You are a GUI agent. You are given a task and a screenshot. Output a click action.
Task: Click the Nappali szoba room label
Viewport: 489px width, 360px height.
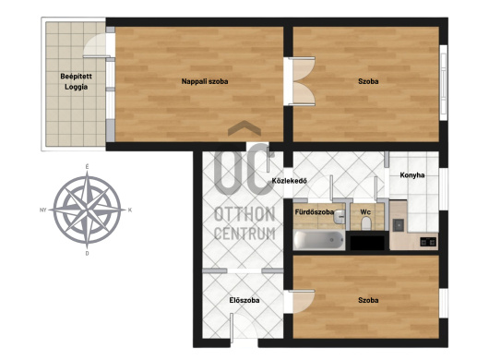point(205,81)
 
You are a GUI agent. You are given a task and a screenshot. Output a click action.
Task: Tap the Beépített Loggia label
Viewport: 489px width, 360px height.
point(76,81)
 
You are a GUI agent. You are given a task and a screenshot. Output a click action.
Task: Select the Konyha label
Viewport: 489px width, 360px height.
point(412,175)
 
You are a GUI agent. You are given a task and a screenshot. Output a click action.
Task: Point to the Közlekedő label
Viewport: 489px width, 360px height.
point(289,181)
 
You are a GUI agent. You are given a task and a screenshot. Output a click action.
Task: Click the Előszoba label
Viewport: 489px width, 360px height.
point(244,300)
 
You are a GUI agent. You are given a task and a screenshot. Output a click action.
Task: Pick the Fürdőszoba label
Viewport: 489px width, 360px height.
point(314,212)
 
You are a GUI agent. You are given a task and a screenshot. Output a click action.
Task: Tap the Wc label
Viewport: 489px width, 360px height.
point(365,212)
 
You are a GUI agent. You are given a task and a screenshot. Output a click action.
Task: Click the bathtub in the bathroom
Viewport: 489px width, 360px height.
point(318,240)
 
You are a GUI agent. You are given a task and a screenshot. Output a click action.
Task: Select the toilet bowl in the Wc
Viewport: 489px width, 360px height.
point(365,223)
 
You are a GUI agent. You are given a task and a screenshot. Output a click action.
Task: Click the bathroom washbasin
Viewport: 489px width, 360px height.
point(339,217)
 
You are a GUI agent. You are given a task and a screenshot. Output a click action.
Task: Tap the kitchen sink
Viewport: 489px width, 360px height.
point(399,225)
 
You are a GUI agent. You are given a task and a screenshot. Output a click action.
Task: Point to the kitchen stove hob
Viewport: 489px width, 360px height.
point(428,242)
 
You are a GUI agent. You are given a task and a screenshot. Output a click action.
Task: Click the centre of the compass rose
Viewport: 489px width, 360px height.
point(87,210)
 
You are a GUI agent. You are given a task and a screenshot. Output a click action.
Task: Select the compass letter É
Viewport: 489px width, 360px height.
point(87,167)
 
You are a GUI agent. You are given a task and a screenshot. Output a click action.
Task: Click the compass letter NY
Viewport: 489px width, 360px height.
point(43,210)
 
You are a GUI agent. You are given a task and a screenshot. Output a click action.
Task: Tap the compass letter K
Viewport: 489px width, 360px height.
point(130,210)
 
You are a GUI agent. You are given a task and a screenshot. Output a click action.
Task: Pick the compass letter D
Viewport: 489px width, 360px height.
point(87,253)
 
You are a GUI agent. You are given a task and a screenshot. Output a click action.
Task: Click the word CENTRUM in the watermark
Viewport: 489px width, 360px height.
point(244,234)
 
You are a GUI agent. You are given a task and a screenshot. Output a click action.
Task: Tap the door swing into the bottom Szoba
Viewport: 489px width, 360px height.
point(304,301)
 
